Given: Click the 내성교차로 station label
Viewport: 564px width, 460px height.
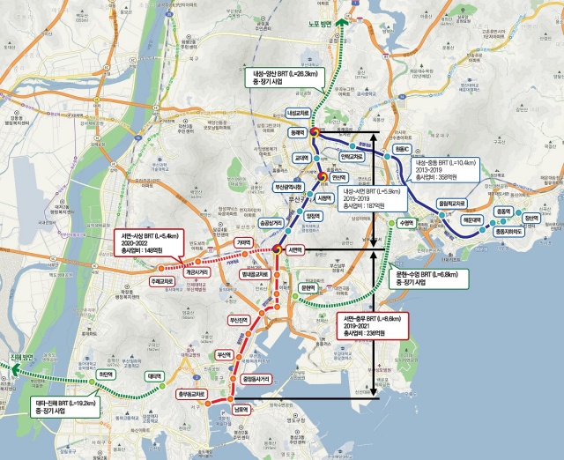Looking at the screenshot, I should click(300, 114).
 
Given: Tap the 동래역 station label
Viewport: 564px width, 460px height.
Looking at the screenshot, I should click(297, 132).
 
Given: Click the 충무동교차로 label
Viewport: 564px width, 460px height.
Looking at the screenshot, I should click(191, 393).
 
